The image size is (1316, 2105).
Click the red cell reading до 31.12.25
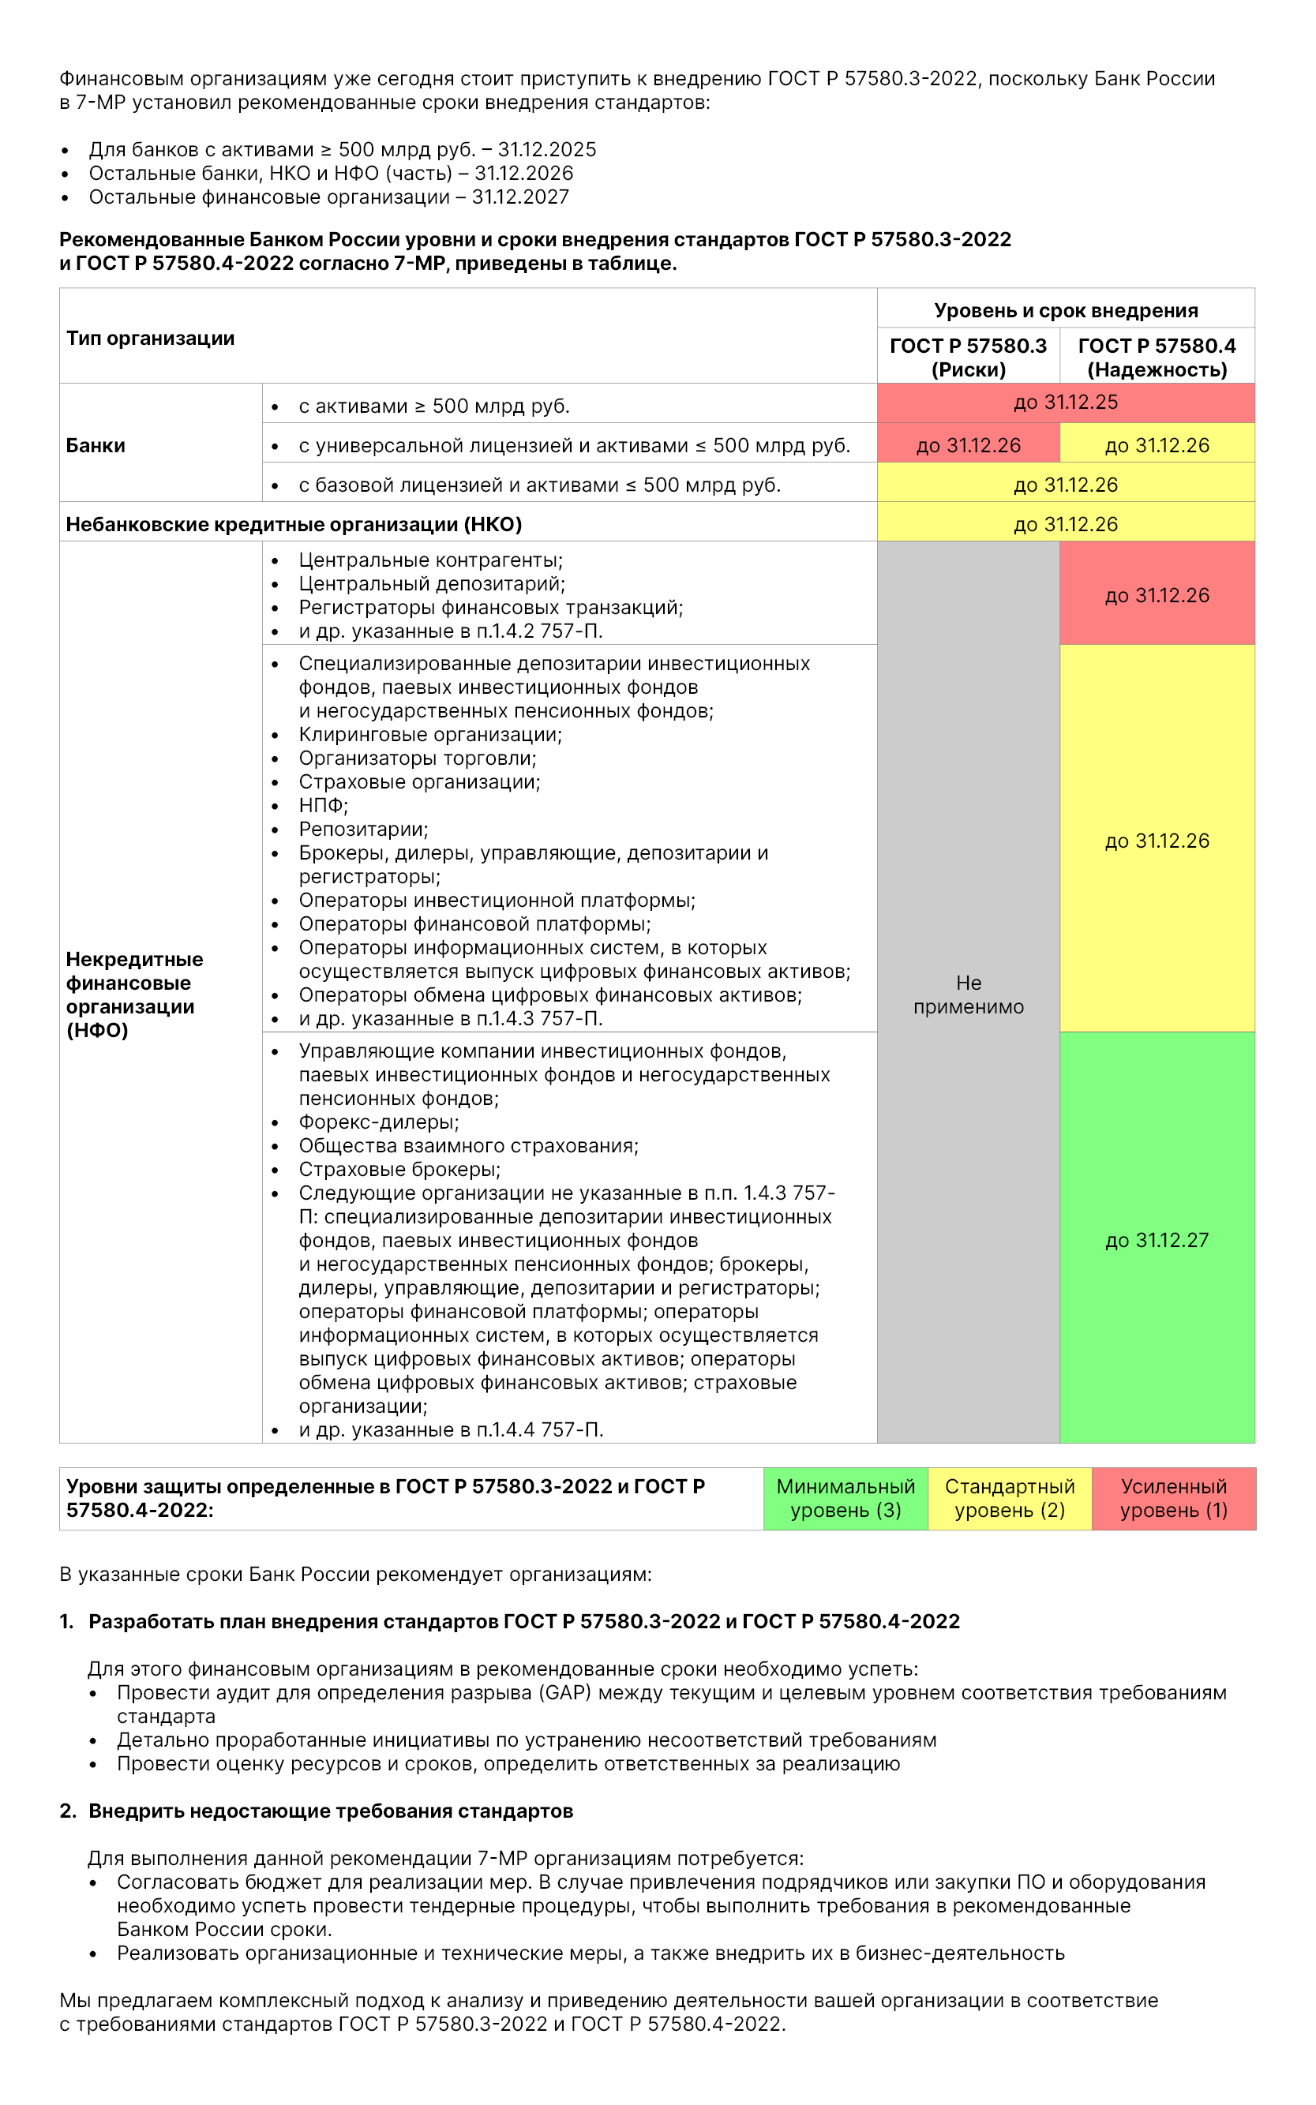coord(1065,403)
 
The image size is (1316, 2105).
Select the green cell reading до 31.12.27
coord(1157,1240)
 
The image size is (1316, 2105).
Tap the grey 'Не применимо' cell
coord(968,994)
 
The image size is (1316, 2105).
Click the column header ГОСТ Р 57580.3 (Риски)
coord(968,358)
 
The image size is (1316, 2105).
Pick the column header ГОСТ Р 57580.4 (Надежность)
coord(1157,358)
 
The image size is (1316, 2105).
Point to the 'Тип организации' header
coord(151,339)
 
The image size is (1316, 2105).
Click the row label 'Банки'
coord(96,445)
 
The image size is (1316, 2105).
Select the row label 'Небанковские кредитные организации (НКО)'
coord(294,525)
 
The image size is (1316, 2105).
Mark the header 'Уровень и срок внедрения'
coord(1065,311)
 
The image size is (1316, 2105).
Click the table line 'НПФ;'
coord(323,806)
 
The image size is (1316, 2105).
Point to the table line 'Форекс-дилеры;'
coord(379,1122)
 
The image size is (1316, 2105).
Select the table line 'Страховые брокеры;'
coord(399,1170)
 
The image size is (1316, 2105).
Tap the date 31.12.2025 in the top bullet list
coord(546,150)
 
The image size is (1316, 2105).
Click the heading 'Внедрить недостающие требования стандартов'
coord(331,1811)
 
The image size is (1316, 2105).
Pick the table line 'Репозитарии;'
coord(363,830)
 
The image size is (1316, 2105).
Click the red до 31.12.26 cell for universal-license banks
coord(968,445)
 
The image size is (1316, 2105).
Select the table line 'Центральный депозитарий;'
coord(432,584)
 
